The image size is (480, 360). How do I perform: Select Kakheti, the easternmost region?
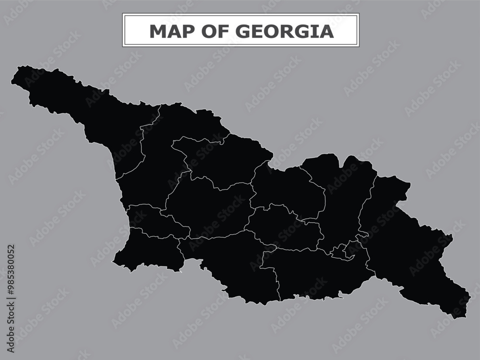pos(408,250)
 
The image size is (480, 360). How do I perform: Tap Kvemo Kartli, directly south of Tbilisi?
pos(312,274)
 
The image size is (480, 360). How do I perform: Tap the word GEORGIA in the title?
pos(284,31)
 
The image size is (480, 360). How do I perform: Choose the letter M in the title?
pos(158,31)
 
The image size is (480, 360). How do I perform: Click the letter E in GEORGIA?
pos(255,31)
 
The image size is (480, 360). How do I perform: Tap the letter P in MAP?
pos(187,31)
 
